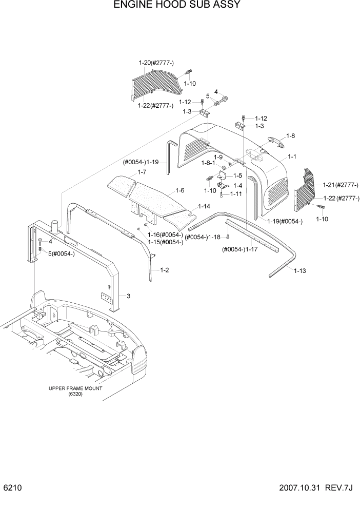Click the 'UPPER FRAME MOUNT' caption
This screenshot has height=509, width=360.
pos(75,388)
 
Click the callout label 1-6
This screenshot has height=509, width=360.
pos(180,190)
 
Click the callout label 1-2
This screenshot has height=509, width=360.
pos(165,269)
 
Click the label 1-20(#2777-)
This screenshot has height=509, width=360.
pos(156,63)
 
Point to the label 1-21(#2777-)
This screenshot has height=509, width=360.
pos(341,185)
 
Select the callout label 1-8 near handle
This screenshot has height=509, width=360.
pos(291,136)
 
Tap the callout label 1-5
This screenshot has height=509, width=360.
pos(238,175)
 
